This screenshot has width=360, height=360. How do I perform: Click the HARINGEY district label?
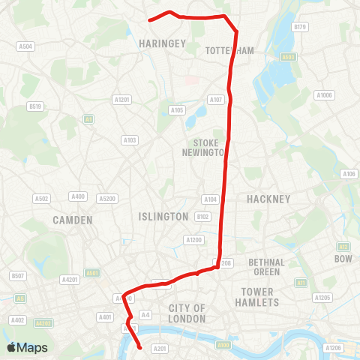tap(162, 44)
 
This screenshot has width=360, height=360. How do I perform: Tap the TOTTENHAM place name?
tap(229, 51)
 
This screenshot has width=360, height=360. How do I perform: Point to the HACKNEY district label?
tap(268, 199)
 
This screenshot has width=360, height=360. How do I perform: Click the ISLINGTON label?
tap(163, 216)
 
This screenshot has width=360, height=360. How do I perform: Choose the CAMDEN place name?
tap(73, 220)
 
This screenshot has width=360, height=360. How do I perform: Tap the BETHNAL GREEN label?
tap(267, 266)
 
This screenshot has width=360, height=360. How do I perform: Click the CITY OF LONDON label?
tap(187, 313)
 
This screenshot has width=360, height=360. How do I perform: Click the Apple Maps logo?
tap(27, 347)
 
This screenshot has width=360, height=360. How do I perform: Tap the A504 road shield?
tap(25, 46)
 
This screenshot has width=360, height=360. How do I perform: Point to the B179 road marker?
tap(301, 27)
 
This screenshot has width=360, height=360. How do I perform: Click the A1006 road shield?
tap(324, 95)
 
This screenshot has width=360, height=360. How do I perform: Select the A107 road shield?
tap(216, 100)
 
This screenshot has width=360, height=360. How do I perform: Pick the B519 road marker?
tap(35, 106)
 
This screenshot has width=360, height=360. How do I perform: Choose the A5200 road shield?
tap(107, 199)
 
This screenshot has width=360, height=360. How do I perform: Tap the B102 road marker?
tap(202, 216)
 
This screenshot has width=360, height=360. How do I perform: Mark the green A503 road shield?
tap(289, 56)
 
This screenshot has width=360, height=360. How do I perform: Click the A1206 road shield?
tap(334, 348)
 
